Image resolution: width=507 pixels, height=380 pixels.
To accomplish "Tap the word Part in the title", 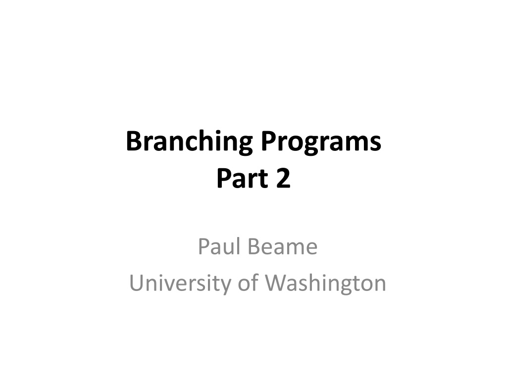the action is [243, 178].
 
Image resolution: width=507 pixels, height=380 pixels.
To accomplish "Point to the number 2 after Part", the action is [284, 178].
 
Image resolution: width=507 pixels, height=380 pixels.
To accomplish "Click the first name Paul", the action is [219, 246].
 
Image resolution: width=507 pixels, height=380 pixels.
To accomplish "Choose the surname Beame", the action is [283, 246].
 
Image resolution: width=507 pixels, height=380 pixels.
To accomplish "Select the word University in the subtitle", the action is [180, 283].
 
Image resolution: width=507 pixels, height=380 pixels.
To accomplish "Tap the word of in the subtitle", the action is [248, 282].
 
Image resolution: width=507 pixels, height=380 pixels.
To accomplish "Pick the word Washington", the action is [326, 283].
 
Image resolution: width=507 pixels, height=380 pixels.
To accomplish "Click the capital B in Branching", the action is [134, 141].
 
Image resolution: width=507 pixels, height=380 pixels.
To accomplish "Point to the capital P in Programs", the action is [269, 141].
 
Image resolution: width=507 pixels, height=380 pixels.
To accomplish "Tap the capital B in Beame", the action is [254, 246].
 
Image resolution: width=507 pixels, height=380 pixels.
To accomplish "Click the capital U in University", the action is [137, 283].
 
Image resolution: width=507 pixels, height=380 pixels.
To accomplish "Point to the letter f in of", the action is [254, 282].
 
